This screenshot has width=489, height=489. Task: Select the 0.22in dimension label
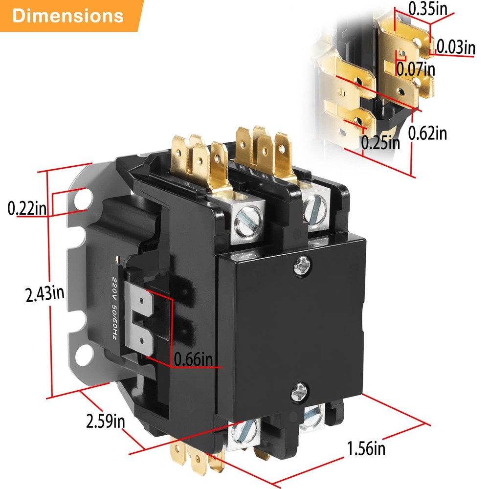point(27,209)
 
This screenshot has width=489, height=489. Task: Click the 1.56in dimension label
point(366,448)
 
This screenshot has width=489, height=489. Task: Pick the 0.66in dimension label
point(194,359)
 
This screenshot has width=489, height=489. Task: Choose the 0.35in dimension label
point(426,8)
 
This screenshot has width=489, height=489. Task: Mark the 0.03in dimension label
point(455,47)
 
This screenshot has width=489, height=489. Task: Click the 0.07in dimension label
point(416,68)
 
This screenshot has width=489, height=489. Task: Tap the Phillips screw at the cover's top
point(301,266)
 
